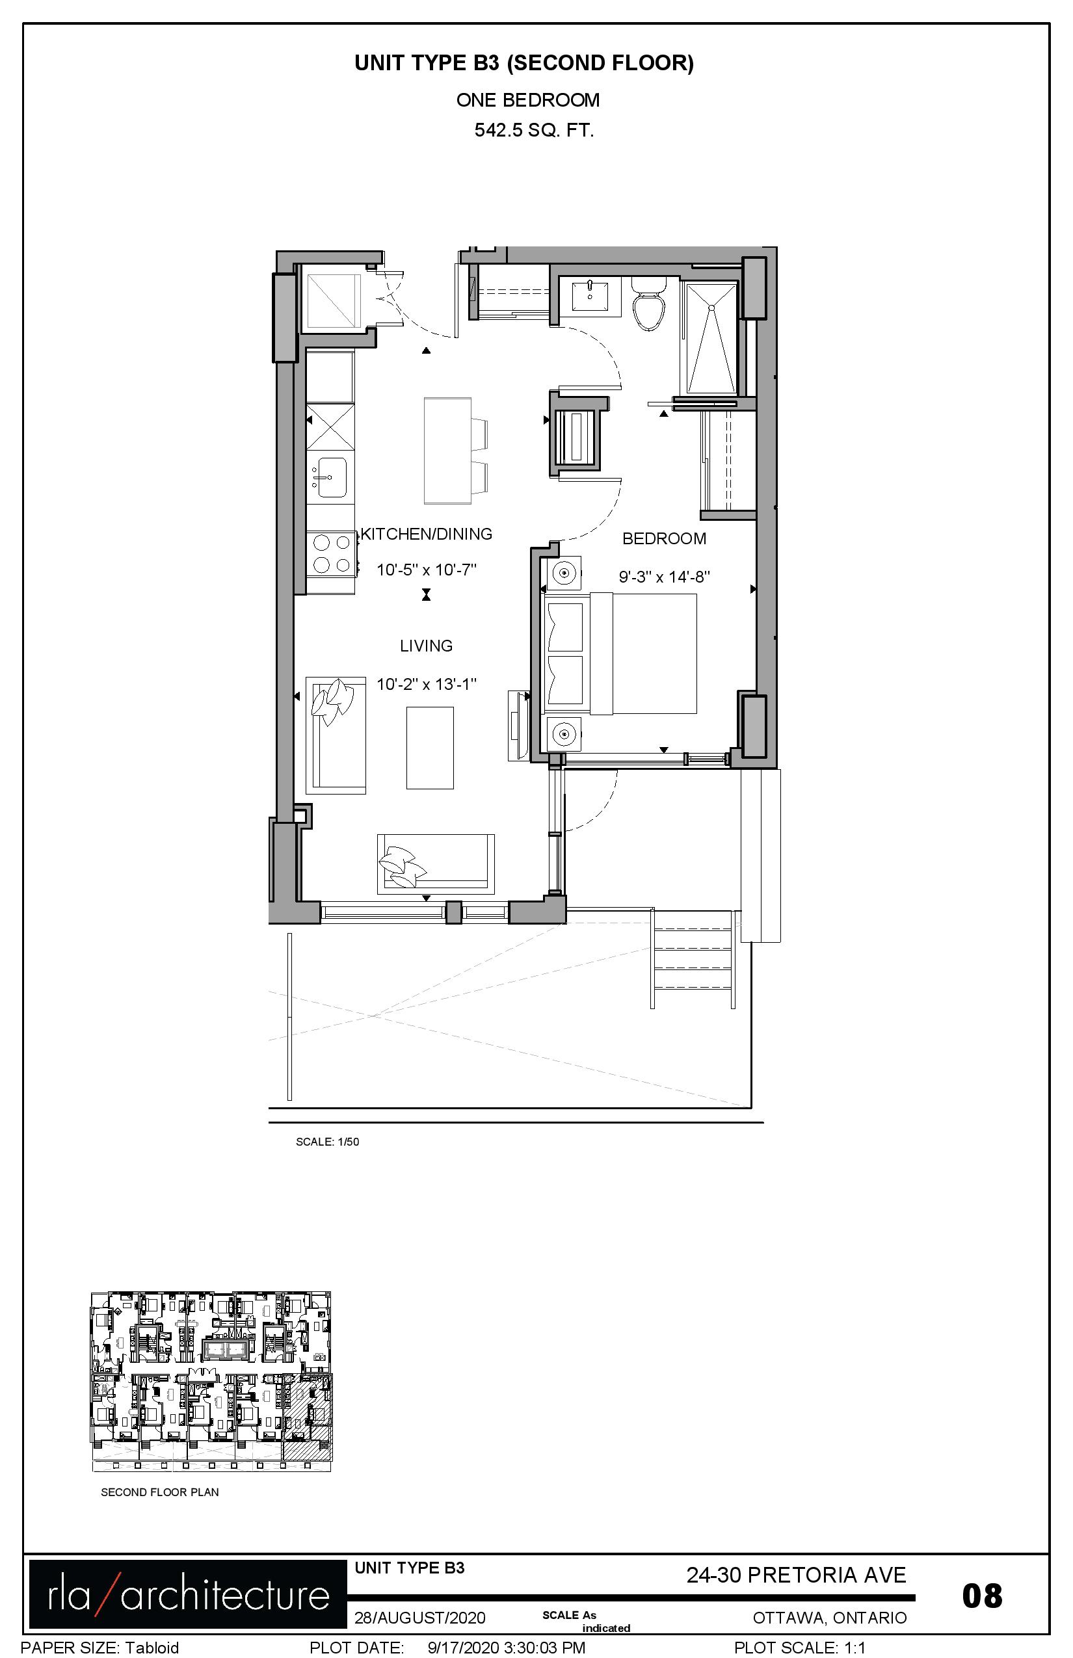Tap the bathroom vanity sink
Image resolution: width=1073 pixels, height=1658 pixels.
tap(590, 295)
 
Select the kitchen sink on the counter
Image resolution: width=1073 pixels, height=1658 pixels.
tap(330, 477)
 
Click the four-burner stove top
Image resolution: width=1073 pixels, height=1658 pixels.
tap(331, 553)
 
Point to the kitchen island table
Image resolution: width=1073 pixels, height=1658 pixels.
tap(447, 450)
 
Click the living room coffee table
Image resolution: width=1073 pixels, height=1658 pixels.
tap(430, 748)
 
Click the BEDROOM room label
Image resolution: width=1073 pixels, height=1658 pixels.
tap(664, 538)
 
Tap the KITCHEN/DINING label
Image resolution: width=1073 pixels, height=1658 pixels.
tap(427, 534)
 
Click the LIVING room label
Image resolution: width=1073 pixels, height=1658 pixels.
tap(427, 646)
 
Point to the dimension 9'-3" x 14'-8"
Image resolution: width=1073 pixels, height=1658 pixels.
tap(664, 577)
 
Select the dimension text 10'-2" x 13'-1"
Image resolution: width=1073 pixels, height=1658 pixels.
tap(427, 684)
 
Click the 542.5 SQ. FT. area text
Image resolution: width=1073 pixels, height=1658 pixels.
tap(534, 130)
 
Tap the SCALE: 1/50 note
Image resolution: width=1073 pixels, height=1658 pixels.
tap(328, 1142)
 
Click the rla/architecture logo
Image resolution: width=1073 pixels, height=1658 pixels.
tap(187, 1594)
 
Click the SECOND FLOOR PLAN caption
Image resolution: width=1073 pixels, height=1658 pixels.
tap(159, 1492)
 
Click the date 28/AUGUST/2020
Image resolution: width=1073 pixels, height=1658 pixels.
tap(419, 1618)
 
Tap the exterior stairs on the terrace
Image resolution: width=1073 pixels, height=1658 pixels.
tap(693, 958)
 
